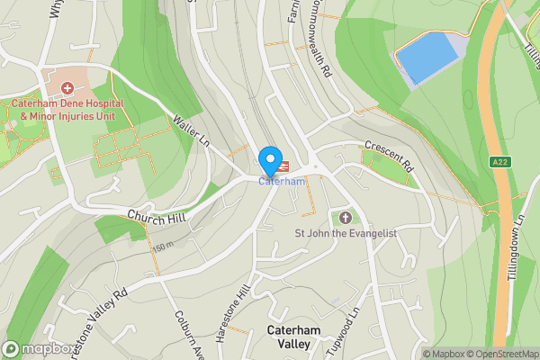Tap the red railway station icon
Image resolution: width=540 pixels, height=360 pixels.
pos(283,166)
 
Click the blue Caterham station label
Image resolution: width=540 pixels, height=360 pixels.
pos(283,182)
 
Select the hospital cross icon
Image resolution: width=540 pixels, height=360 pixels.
pos(67,87)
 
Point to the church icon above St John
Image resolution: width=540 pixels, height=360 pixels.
pos(346,217)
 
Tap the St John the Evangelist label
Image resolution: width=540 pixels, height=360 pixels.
pos(346,233)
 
